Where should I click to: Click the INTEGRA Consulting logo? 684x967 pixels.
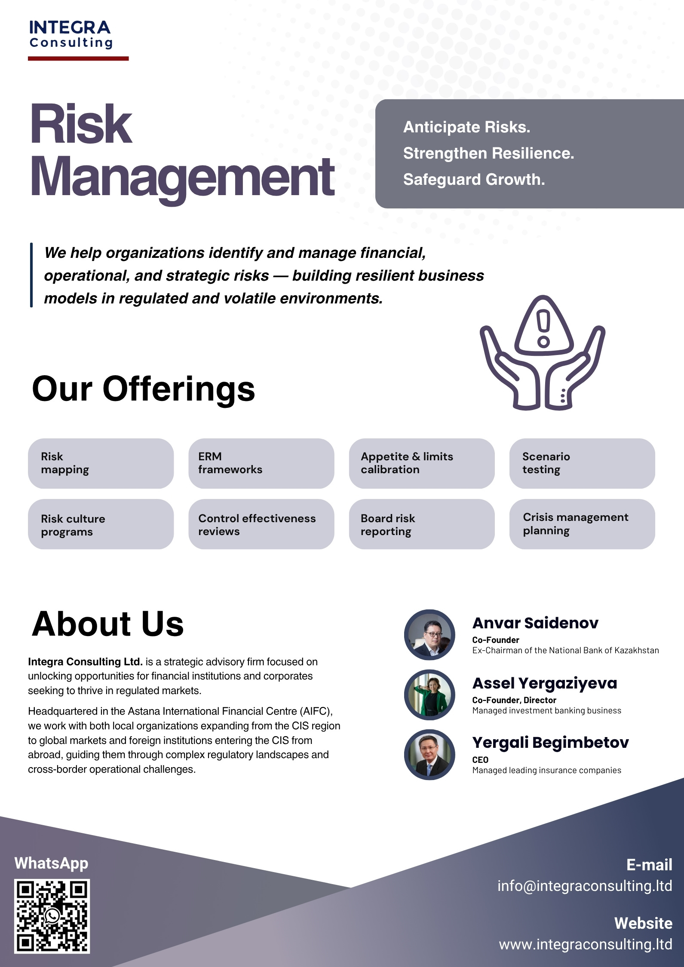pyautogui.click(x=71, y=34)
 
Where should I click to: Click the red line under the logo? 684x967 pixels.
pyautogui.click(x=78, y=58)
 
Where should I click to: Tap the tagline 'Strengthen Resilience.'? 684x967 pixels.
pyautogui.click(x=488, y=153)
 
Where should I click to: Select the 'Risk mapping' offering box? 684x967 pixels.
pyautogui.click(x=101, y=463)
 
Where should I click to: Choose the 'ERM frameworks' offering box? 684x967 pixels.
pyautogui.click(x=261, y=463)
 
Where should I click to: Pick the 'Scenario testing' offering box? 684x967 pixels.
pyautogui.click(x=582, y=463)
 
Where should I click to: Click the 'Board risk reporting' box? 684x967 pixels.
pyautogui.click(x=421, y=524)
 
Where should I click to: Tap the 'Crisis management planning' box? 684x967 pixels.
pyautogui.click(x=582, y=524)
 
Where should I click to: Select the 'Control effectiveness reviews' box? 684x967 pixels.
pyautogui.click(x=261, y=524)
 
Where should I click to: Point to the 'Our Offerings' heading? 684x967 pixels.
pyautogui.click(x=144, y=389)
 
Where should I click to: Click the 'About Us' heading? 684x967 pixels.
pyautogui.click(x=108, y=624)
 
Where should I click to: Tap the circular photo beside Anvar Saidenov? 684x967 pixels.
pyautogui.click(x=429, y=634)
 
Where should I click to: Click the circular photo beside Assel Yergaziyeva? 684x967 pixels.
pyautogui.click(x=429, y=695)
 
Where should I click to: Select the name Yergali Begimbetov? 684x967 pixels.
pyautogui.click(x=550, y=742)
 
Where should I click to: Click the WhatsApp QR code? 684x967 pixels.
pyautogui.click(x=52, y=916)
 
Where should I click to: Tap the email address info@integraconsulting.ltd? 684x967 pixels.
pyautogui.click(x=584, y=886)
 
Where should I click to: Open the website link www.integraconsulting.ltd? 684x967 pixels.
pyautogui.click(x=585, y=944)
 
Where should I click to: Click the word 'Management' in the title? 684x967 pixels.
pyautogui.click(x=182, y=177)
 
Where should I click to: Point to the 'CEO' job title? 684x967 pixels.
pyautogui.click(x=480, y=759)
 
